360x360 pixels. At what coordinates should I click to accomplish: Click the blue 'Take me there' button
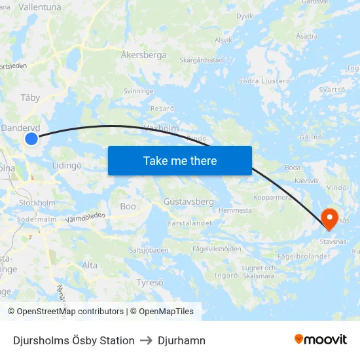point(179,160)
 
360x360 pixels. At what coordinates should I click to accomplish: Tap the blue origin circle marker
point(31,138)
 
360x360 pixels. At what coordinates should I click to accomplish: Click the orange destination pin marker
point(330,218)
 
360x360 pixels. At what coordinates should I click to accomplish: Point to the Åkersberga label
point(144,56)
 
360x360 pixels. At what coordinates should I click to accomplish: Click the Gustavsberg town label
point(189,202)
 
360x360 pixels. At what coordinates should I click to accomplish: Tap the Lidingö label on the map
point(67,166)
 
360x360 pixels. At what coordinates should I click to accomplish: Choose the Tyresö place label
point(150,282)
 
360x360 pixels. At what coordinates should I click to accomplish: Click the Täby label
point(30,98)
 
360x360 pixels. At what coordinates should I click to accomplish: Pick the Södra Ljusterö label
point(264,81)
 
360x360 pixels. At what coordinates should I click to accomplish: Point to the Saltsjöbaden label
point(149,249)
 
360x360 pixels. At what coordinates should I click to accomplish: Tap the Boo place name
point(128,206)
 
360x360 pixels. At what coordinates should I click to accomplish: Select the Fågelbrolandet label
point(304,257)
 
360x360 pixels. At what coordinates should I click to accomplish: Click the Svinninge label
point(138,92)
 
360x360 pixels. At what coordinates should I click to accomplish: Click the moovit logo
point(320,340)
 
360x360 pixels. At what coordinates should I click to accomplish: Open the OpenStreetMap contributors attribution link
point(69,312)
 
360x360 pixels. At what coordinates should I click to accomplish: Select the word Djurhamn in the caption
point(181,340)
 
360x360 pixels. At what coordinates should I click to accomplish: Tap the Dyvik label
point(244,15)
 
